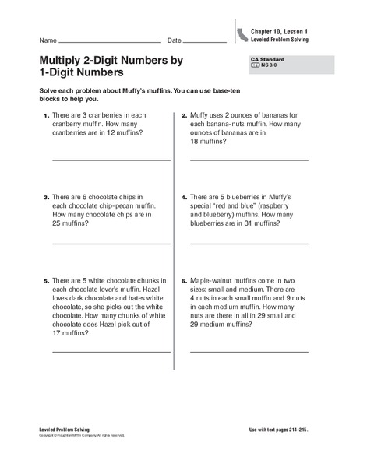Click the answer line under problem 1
click(x=111, y=160)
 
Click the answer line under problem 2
click(x=249, y=160)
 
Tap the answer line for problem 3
click(x=111, y=244)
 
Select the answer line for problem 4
click(x=249, y=244)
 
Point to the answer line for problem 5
click(x=111, y=352)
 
